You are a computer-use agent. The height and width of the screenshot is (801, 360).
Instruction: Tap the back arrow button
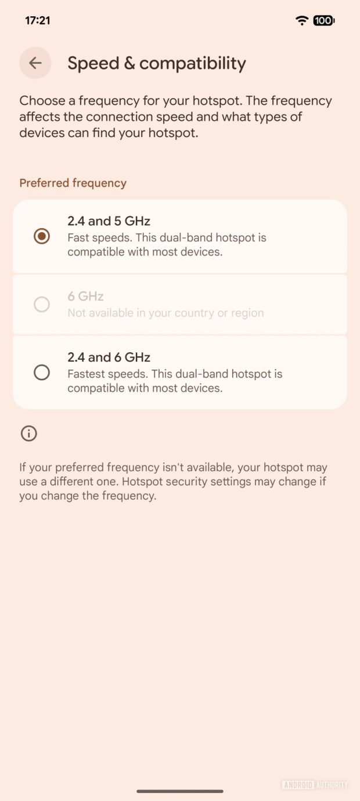[x=35, y=63]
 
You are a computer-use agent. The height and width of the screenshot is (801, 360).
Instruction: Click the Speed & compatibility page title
[x=157, y=63]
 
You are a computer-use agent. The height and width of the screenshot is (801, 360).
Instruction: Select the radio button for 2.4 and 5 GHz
[x=42, y=236]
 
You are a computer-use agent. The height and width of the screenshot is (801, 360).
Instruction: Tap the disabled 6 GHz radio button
[x=42, y=304]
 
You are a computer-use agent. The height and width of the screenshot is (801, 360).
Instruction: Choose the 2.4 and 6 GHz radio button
[x=42, y=372]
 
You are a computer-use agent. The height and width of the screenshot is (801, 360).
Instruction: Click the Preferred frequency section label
[x=73, y=183]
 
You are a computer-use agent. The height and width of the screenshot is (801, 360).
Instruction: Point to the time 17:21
[x=38, y=20]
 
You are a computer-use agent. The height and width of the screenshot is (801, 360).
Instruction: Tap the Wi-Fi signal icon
[x=302, y=20]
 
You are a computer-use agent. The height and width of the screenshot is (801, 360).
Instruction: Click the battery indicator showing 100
[x=323, y=20]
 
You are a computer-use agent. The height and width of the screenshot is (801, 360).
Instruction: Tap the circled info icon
[x=28, y=434]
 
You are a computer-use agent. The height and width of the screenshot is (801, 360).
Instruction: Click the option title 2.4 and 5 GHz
[x=109, y=221]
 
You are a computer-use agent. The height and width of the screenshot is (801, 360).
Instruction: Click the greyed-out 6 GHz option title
[x=85, y=297]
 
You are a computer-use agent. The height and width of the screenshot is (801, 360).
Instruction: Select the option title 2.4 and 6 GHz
[x=109, y=358]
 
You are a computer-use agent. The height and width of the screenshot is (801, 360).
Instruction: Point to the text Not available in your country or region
[x=165, y=313]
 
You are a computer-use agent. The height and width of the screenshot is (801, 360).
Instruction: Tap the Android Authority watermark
[x=315, y=785]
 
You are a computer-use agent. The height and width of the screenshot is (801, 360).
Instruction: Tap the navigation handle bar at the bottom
[x=180, y=791]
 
